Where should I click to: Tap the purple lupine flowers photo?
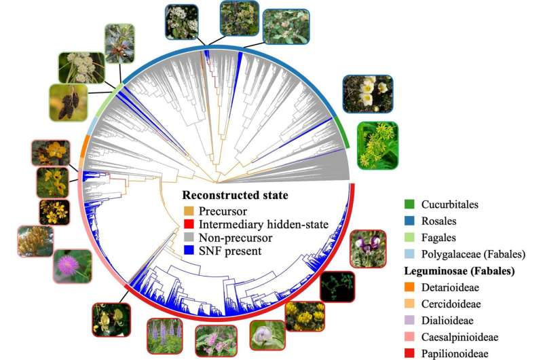[x=164, y=336]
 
